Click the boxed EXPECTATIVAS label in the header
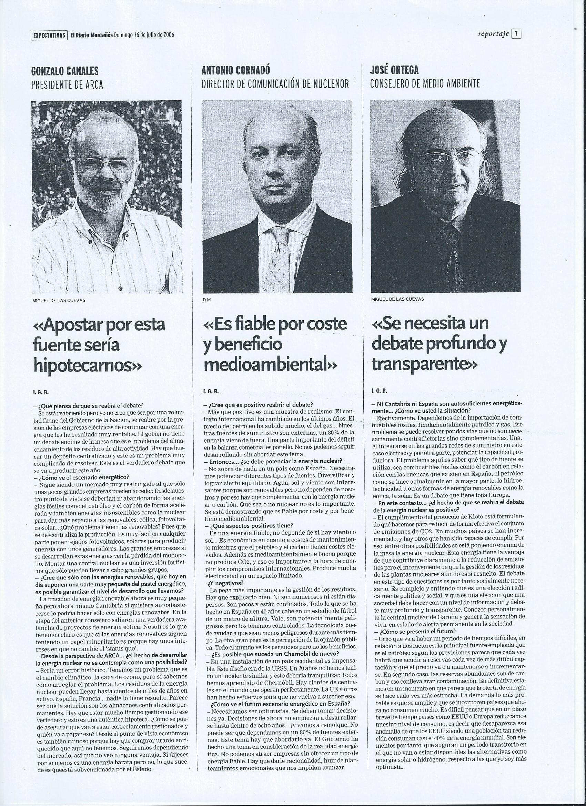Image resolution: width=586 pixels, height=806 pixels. tap(49, 35)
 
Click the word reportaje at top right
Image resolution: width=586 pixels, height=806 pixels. tap(494, 34)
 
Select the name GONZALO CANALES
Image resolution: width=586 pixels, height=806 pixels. tap(65, 71)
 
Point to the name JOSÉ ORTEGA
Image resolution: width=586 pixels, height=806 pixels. tap(394, 70)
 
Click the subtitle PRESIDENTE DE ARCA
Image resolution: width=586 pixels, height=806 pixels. tap(67, 85)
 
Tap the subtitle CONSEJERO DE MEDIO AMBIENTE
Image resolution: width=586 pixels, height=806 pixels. tap(425, 84)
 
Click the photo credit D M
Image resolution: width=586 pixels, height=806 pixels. tap(206, 300)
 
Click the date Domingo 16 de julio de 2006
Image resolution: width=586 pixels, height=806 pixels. tap(144, 35)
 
